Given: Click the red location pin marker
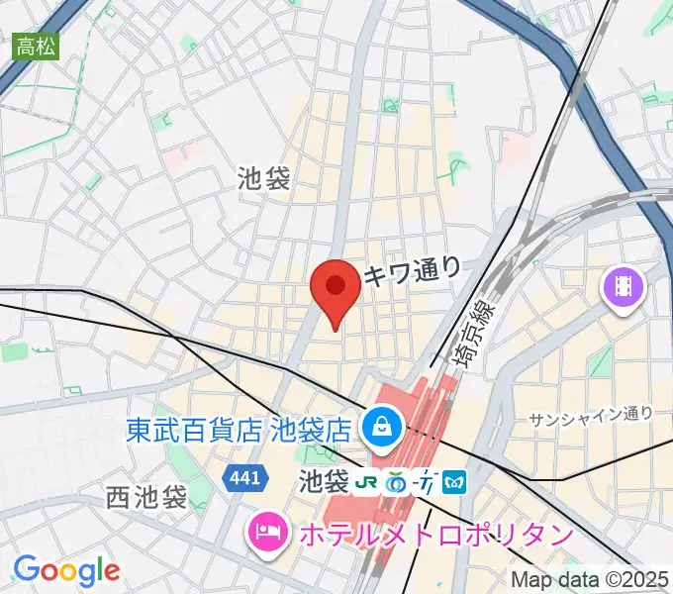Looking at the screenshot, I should point(335,290).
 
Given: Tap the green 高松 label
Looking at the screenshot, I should point(35,45).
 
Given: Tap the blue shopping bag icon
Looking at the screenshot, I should point(378,429).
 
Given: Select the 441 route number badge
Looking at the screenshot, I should point(243,478).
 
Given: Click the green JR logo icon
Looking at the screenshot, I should point(368,482).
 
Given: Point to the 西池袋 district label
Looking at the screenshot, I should point(145,498).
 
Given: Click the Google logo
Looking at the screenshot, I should point(66,570).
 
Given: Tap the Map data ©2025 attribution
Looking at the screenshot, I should point(590,580).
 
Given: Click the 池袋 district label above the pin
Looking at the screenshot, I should point(264,178).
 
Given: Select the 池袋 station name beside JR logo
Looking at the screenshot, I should point(325,482).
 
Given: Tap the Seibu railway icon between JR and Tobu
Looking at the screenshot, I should point(398,482).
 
